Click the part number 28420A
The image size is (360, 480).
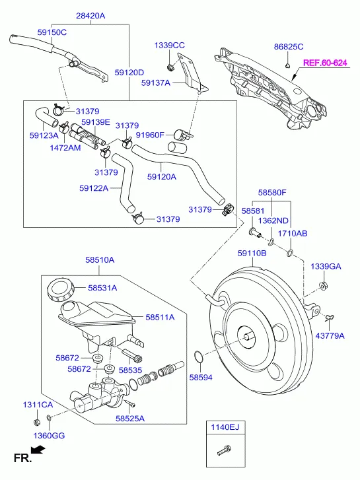pos(90,15)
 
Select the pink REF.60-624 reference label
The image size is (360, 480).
pos(325,63)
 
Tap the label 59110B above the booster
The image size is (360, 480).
pos(252,253)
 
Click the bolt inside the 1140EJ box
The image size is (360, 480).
pos(224,452)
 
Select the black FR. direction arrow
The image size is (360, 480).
pos(38,450)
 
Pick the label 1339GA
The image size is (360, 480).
pos(326,266)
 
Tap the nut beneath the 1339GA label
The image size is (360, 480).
pos(324,285)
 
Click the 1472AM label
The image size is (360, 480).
pos(65,148)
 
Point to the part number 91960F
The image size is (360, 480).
pos(150,135)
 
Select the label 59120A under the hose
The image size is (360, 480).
pos(162,176)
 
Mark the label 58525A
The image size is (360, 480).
pos(129,418)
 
